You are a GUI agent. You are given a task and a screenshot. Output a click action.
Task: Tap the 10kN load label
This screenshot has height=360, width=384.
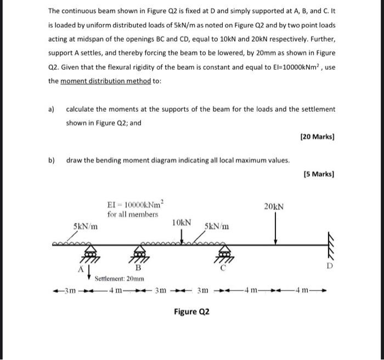[181, 223]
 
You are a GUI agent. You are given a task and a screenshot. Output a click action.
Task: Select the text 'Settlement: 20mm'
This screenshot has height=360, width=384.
[120, 278]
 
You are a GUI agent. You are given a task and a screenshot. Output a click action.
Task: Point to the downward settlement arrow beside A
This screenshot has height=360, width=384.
[88, 270]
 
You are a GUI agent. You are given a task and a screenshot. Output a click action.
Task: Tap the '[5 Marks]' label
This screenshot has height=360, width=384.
[319, 175]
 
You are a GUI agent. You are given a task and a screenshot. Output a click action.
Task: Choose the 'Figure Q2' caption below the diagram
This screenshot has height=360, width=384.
[191, 312]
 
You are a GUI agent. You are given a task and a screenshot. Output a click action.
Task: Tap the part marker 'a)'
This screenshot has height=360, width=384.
[52, 109]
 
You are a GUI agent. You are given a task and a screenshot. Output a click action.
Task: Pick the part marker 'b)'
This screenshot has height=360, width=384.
[52, 161]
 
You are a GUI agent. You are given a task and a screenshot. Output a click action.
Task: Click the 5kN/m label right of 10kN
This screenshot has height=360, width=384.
[217, 226]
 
